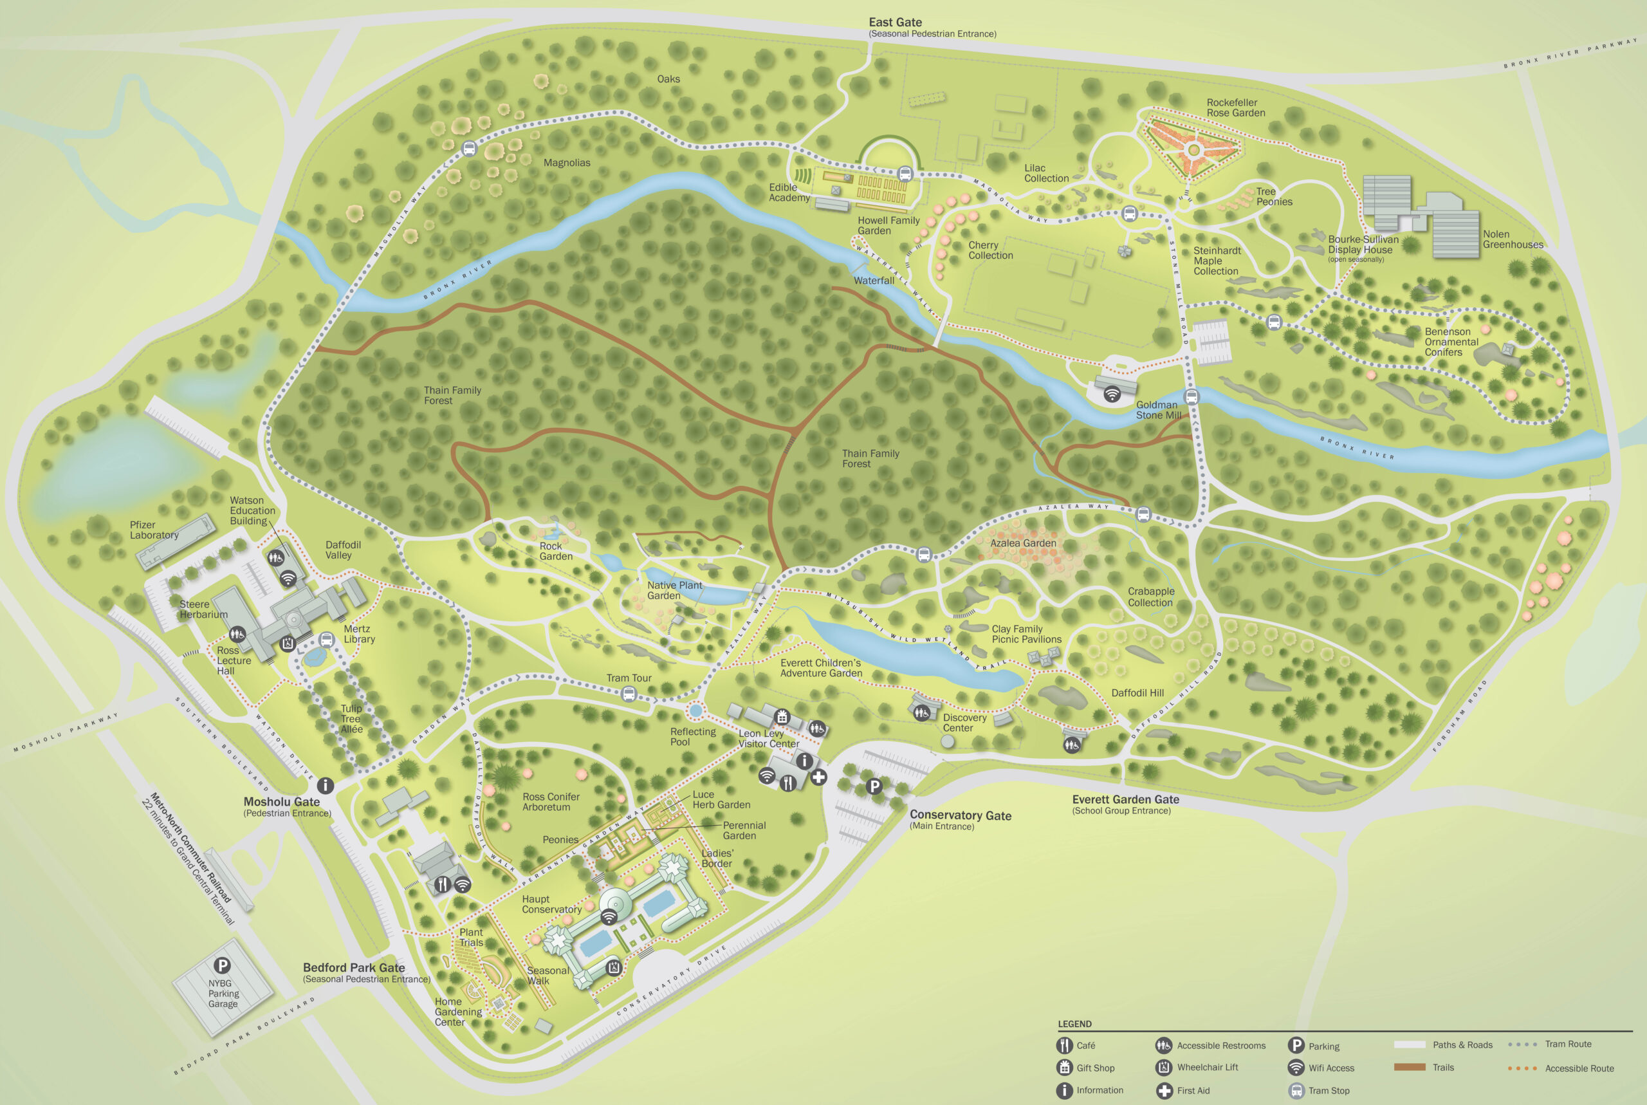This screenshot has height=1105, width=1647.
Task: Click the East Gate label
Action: (895, 23)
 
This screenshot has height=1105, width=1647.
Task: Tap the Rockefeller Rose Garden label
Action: (1236, 108)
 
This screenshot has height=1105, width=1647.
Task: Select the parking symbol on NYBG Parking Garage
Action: (222, 966)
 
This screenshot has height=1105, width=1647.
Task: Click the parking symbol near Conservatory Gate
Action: (874, 786)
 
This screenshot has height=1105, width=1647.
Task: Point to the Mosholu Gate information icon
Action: (325, 785)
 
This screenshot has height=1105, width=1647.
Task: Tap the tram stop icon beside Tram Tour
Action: (629, 694)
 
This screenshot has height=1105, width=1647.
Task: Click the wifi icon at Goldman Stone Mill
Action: (1112, 394)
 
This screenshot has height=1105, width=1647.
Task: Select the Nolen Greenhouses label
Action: (1513, 239)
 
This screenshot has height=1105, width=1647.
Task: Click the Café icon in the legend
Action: (1064, 1045)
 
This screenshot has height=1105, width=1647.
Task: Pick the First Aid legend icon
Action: (1164, 1090)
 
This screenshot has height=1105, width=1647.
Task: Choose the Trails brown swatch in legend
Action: (1409, 1067)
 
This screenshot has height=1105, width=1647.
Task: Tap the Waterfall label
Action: (874, 281)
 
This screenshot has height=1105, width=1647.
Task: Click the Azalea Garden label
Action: (1023, 543)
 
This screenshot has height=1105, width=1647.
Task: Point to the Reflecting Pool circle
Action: (696, 710)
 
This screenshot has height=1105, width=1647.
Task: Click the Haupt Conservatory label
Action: (551, 904)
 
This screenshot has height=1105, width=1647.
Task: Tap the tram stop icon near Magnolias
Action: (469, 149)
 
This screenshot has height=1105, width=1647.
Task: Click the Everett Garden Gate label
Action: (1125, 800)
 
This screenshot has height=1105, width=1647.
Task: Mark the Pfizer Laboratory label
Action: (154, 530)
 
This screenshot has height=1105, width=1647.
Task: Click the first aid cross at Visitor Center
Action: (818, 777)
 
